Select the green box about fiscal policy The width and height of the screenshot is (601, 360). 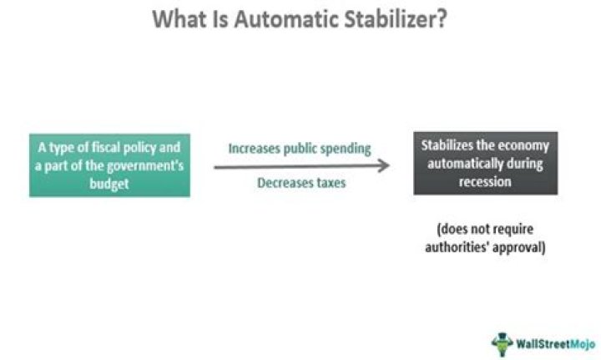[x=109, y=165]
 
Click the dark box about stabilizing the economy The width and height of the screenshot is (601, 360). [x=485, y=164]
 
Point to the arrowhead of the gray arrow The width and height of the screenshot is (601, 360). [x=384, y=165]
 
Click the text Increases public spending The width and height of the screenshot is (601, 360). [x=299, y=148]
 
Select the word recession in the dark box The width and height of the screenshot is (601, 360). [x=485, y=181]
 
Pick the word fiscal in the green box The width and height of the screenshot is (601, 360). [x=108, y=147]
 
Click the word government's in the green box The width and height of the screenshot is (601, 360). [x=139, y=164]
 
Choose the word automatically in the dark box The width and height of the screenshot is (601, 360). [x=485, y=164]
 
